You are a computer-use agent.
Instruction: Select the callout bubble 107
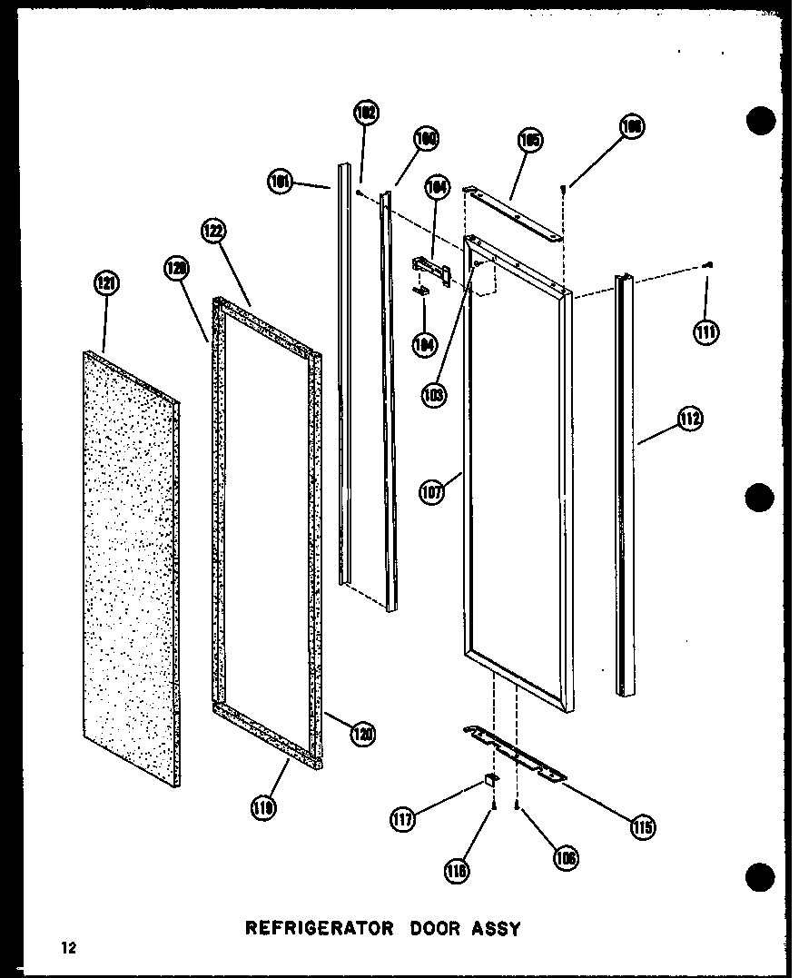432,493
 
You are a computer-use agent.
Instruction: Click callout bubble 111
705,333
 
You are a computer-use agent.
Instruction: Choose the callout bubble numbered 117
403,820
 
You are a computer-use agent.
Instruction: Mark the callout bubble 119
266,805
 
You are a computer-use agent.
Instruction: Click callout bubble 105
530,140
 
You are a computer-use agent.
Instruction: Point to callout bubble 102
366,114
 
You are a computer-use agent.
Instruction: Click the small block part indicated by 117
491,779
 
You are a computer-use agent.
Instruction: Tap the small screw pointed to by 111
708,264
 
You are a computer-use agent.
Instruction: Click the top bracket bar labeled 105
513,212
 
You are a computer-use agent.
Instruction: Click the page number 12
69,949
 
